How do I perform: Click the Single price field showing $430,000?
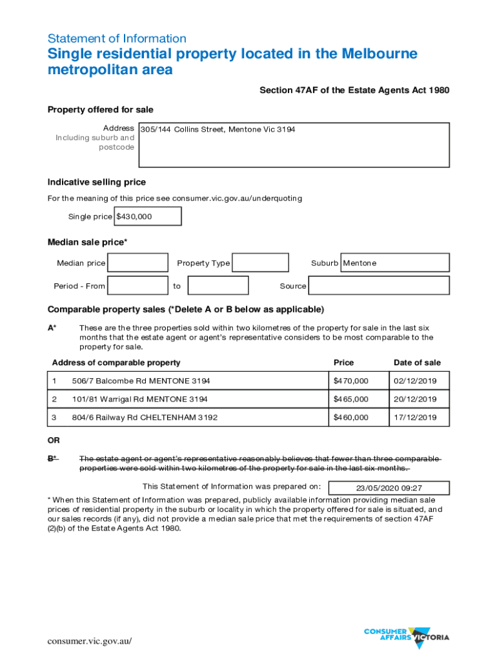coord(147,216)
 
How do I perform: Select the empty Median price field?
coord(137,263)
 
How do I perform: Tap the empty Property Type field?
coord(260,263)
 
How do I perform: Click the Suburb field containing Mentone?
coord(394,263)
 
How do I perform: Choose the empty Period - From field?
coord(137,285)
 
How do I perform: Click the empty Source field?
coord(379,285)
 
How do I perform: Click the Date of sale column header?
coord(417,363)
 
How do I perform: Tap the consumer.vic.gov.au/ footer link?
coord(90,641)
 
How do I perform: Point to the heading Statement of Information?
coord(117,38)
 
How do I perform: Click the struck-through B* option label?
coord(53,459)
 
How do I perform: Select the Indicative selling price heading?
coord(97,182)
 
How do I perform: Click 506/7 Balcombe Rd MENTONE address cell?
coord(141,381)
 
